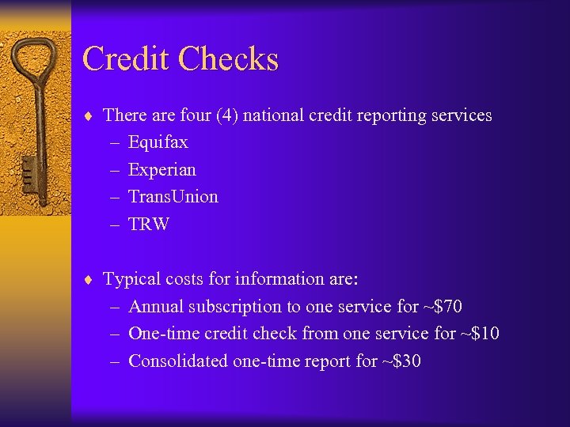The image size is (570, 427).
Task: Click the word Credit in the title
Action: click(x=126, y=60)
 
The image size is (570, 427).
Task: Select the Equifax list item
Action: click(x=158, y=142)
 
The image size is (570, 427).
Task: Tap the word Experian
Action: click(x=161, y=169)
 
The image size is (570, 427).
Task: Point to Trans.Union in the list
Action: click(x=173, y=196)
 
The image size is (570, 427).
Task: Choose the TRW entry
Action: click(x=149, y=224)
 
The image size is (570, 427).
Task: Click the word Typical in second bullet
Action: click(x=131, y=279)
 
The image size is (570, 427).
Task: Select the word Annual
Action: click(x=154, y=306)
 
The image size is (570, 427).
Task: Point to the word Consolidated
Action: click(x=178, y=361)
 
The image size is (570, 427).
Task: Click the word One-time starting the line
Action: click(x=162, y=333)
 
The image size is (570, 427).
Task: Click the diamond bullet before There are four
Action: click(x=90, y=116)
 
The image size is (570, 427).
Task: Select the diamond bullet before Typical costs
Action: click(x=90, y=280)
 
